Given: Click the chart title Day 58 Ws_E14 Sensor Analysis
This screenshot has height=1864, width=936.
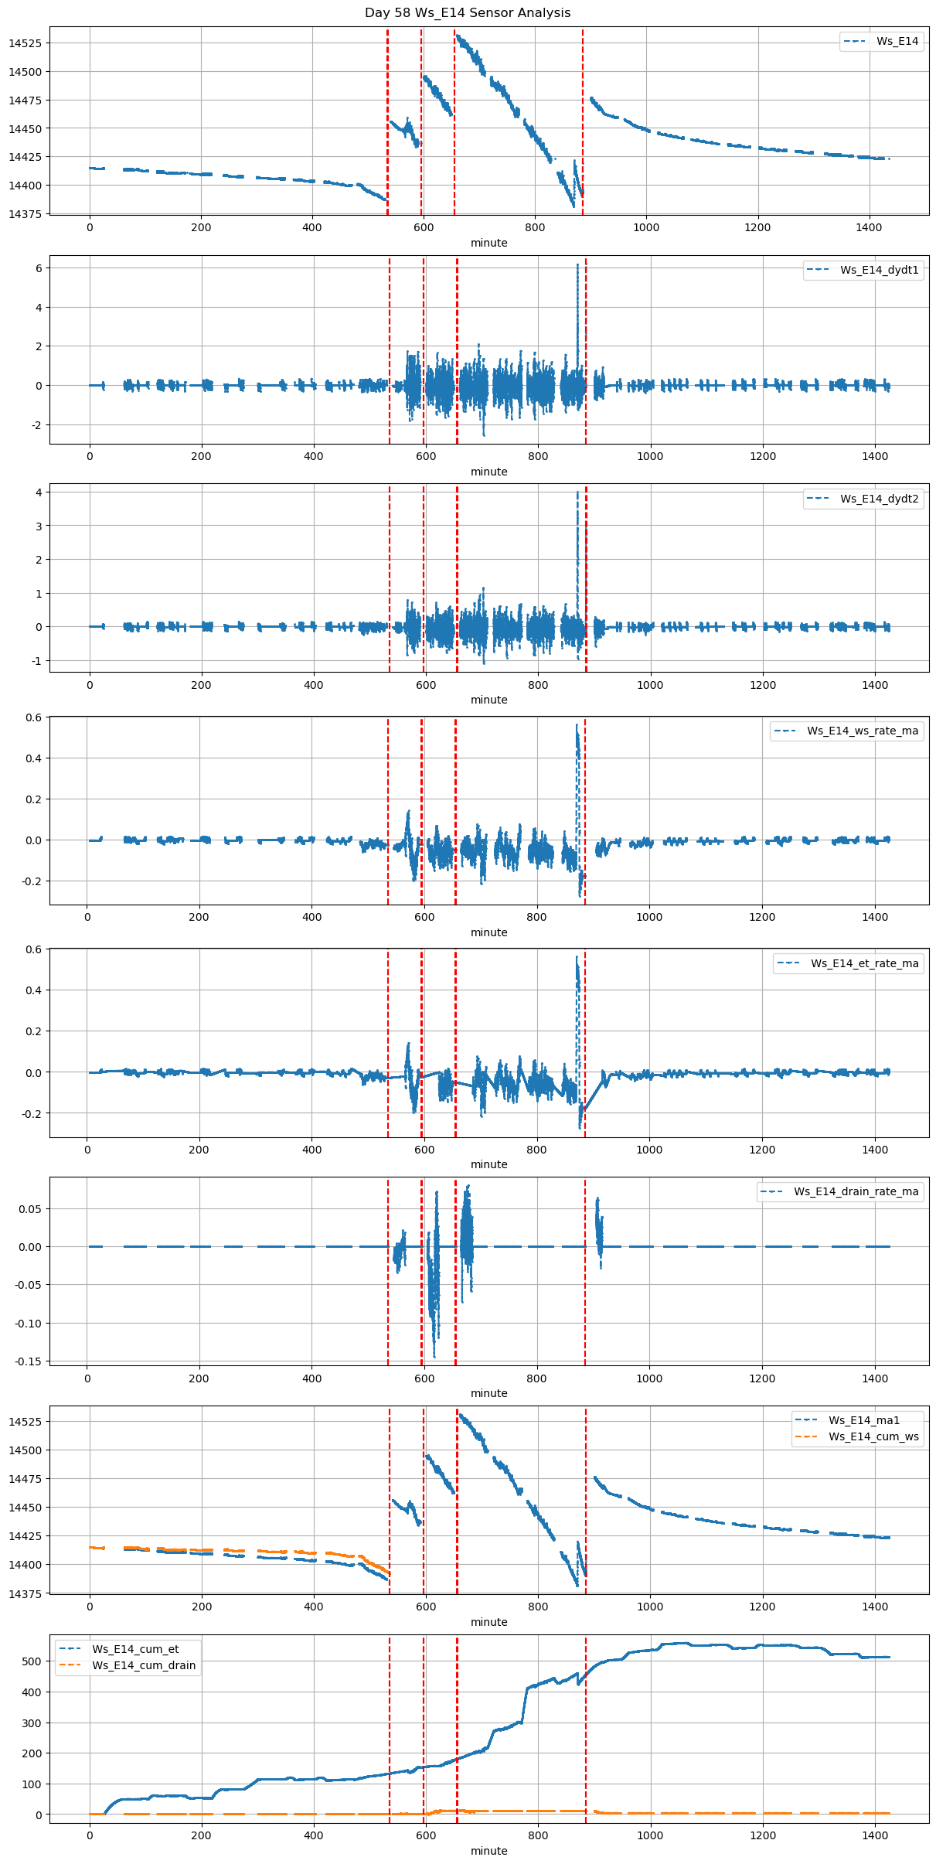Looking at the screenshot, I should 468,12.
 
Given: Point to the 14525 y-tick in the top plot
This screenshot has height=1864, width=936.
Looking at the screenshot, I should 25,43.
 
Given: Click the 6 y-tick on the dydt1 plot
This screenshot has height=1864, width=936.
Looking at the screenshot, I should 38,268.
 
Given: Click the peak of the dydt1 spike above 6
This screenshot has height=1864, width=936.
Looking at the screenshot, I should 577,264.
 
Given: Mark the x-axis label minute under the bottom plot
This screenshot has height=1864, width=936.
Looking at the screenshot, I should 489,1851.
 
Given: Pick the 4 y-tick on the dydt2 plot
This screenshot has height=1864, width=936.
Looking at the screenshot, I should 38,492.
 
